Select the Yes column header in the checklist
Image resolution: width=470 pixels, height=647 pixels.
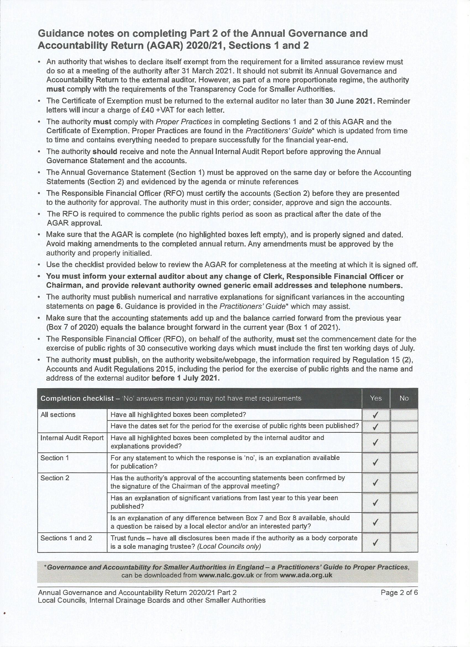[x=376, y=398]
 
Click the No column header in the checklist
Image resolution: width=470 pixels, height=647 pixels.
[x=404, y=398]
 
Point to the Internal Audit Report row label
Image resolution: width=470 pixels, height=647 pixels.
[x=72, y=438]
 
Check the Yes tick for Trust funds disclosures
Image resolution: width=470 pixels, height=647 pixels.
[x=376, y=543]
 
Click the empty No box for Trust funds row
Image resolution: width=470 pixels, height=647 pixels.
[x=404, y=543]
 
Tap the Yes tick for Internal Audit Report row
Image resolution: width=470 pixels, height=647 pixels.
[x=376, y=442]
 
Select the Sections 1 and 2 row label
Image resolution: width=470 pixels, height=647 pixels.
[x=66, y=538]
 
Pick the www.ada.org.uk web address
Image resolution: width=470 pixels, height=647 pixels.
[x=306, y=575]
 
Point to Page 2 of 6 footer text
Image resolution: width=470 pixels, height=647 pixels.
[x=399, y=592]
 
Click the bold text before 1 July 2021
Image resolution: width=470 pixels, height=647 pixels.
[x=186, y=378]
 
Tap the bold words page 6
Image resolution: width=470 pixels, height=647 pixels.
[x=109, y=306]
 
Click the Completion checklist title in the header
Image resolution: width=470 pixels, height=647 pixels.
[x=77, y=398]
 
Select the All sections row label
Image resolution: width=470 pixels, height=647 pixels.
[x=58, y=415]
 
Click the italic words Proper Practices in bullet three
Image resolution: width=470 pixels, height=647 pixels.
[x=184, y=122]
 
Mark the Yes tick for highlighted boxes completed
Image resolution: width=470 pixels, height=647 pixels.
[x=376, y=415]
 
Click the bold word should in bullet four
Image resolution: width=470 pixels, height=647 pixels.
[x=105, y=151]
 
